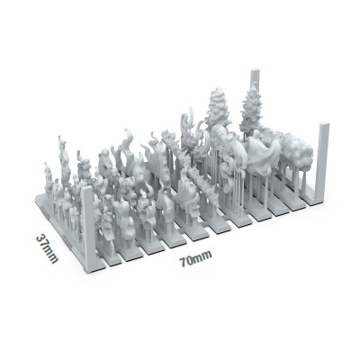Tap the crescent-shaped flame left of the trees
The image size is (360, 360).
[190, 126]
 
